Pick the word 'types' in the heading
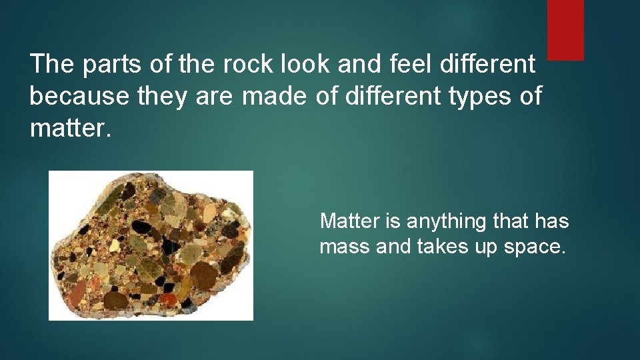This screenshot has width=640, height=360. coord(480,97)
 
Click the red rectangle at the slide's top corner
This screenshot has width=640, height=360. coord(565,29)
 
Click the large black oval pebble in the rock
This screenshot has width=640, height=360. coord(141,227)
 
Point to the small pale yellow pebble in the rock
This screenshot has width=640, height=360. coord(114,245)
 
